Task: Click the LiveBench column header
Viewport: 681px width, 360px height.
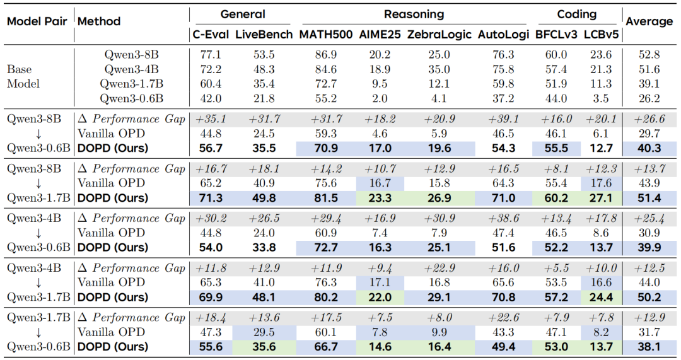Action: pos(264,34)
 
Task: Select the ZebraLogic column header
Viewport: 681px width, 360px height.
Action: pos(439,34)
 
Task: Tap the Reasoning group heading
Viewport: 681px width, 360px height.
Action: pos(414,15)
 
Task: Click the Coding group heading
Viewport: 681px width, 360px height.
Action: pos(577,15)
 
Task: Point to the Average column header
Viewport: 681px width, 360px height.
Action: pos(649,21)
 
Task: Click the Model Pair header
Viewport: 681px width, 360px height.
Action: pos(37,21)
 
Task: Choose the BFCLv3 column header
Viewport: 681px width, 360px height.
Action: pos(556,34)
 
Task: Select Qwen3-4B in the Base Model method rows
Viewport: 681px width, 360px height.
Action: pos(131,69)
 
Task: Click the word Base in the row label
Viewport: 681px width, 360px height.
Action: pos(19,69)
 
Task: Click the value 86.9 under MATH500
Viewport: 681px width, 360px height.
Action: pos(326,55)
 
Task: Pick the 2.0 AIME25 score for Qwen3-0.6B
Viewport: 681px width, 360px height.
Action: pos(380,98)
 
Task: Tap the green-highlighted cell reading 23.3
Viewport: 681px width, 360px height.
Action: pos(380,198)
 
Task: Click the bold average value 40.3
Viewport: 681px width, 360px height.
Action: pos(649,149)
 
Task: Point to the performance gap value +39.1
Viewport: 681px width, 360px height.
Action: pos(503,119)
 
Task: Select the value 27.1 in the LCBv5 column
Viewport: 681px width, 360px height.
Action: pos(601,198)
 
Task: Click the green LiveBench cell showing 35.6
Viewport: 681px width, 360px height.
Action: pos(264,347)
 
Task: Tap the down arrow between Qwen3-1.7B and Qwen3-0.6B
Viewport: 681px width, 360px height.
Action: pos(38,333)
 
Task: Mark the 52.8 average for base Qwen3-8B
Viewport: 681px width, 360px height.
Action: pos(649,55)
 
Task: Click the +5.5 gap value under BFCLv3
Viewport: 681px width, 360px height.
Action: pos(556,268)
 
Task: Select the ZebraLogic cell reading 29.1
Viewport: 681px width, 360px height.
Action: pos(439,298)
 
